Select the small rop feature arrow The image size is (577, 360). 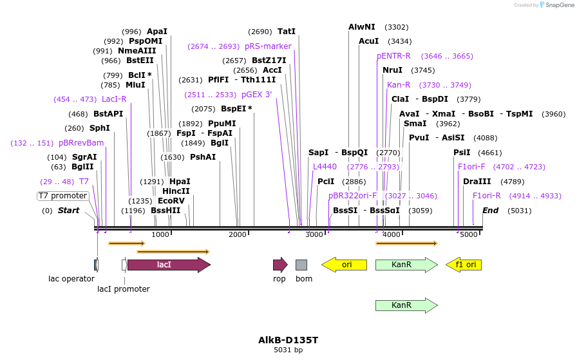point(279,265)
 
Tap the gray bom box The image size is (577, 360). point(301,265)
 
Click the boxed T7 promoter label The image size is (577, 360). point(62,196)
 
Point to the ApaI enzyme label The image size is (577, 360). point(156,32)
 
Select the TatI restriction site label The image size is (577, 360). point(287,32)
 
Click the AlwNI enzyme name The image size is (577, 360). point(361,27)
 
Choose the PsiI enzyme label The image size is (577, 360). point(462,153)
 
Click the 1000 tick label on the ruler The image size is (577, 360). point(160,235)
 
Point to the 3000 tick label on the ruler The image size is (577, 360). point(314,235)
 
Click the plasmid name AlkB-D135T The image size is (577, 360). point(288,340)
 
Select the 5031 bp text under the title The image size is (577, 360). point(288,350)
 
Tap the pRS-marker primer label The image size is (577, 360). point(268,46)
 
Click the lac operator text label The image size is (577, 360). point(71,279)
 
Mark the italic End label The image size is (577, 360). point(490,211)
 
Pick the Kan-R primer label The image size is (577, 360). point(399,85)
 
